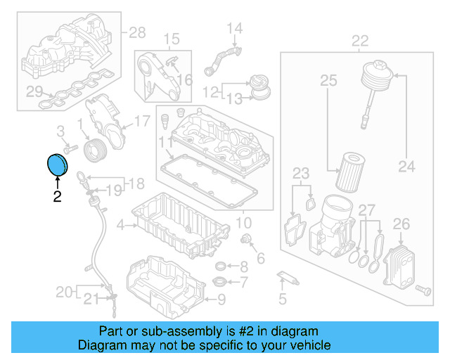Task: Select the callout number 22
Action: click(x=360, y=40)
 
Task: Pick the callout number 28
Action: click(x=136, y=32)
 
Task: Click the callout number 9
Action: click(x=221, y=301)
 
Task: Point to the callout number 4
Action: click(x=120, y=226)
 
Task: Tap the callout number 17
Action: click(x=142, y=121)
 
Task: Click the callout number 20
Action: click(x=63, y=291)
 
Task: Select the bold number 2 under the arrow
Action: click(x=57, y=198)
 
